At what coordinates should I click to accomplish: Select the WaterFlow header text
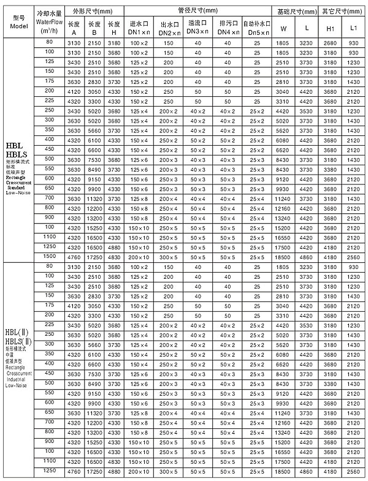point(48,21)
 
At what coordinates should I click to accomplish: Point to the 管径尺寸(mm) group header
point(197,11)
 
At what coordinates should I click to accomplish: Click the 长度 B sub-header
point(94,28)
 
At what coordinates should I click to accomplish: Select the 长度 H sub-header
point(113,28)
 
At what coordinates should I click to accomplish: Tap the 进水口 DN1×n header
point(139,28)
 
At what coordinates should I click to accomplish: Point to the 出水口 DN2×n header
point(168,28)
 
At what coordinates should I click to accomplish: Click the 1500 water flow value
point(49,255)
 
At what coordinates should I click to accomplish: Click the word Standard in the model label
point(20,187)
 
